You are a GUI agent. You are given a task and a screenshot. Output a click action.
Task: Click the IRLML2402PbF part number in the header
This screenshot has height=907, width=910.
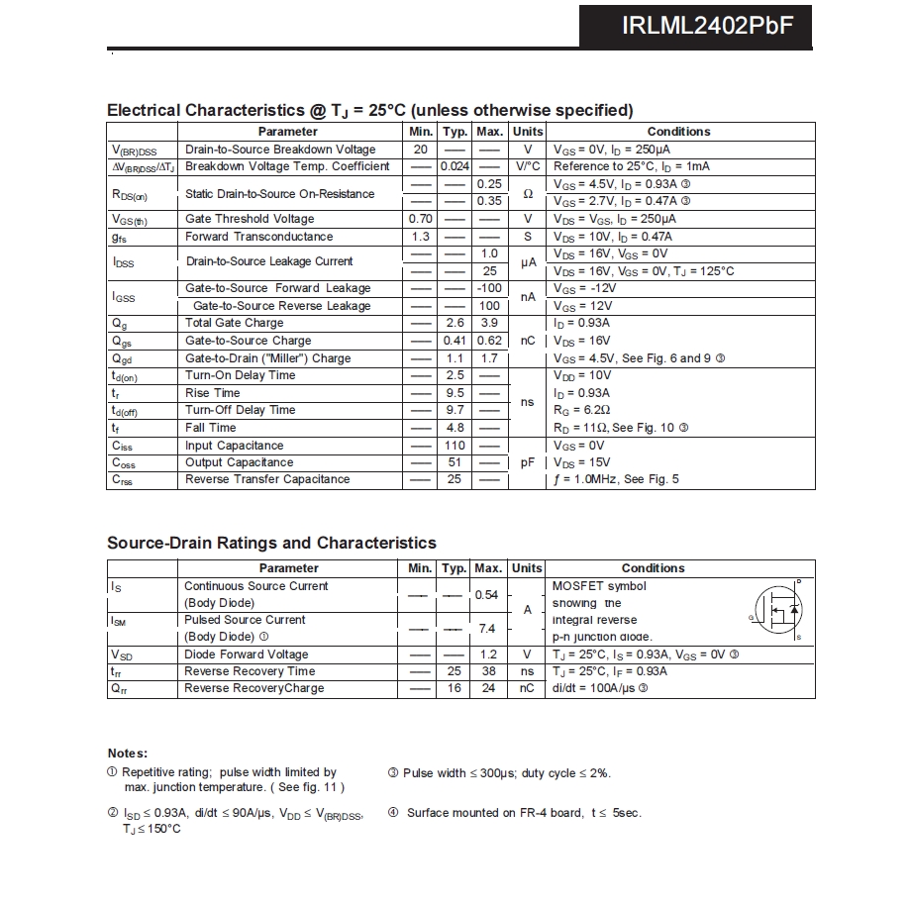coord(707,25)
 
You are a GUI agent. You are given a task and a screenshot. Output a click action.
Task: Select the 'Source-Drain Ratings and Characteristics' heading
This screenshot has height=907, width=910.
coord(271,543)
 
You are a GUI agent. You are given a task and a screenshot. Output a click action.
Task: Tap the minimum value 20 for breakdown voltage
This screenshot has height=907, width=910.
coord(421,150)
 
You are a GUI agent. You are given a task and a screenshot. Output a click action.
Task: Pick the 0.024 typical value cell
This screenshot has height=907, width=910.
coord(455,166)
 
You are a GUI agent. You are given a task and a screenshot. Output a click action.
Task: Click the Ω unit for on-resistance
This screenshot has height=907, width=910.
coord(528,193)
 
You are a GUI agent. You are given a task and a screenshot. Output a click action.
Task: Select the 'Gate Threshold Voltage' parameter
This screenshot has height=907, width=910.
coord(250,219)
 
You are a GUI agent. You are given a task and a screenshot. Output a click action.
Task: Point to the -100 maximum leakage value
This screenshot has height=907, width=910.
coord(489,288)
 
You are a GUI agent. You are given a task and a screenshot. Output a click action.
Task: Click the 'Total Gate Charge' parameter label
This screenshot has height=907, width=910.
coord(234,323)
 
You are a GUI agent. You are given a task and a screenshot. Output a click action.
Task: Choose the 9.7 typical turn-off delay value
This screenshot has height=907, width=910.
coord(455,410)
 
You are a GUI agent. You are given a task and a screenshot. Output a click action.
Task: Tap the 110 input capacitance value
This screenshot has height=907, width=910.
coord(455,446)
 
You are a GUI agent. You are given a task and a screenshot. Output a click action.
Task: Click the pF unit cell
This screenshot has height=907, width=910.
coord(528,462)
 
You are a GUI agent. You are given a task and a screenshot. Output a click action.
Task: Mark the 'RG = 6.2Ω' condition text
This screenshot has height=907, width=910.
coord(581,410)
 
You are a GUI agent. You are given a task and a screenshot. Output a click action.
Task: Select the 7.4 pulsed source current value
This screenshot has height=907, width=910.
coord(487,629)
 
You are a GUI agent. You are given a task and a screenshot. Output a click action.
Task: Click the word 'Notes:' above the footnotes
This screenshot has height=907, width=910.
coord(128,754)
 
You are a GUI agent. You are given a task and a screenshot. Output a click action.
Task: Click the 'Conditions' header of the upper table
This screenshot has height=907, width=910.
coord(678,132)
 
